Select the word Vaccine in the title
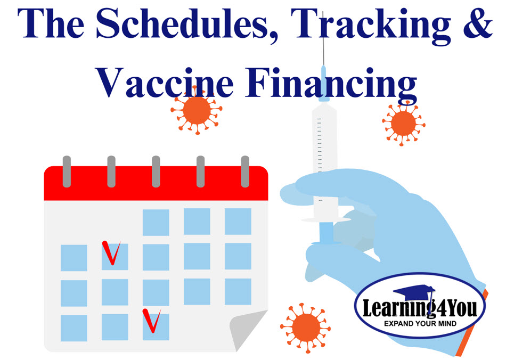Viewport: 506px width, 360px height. click(164, 83)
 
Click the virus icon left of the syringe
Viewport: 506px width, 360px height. click(197, 110)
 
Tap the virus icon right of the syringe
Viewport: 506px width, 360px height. click(403, 123)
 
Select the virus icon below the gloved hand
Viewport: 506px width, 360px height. click(305, 328)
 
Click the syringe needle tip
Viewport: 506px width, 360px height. click(323, 12)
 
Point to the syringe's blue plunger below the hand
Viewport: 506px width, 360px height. click(327, 232)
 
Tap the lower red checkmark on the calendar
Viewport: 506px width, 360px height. click(152, 321)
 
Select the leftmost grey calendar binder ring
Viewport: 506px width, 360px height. click(67, 171)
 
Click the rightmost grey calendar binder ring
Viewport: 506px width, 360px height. click(245, 171)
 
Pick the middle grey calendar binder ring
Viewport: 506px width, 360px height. click(156, 171)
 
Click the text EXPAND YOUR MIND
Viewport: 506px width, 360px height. click(420, 324)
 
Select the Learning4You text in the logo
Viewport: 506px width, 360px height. click(420, 308)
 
